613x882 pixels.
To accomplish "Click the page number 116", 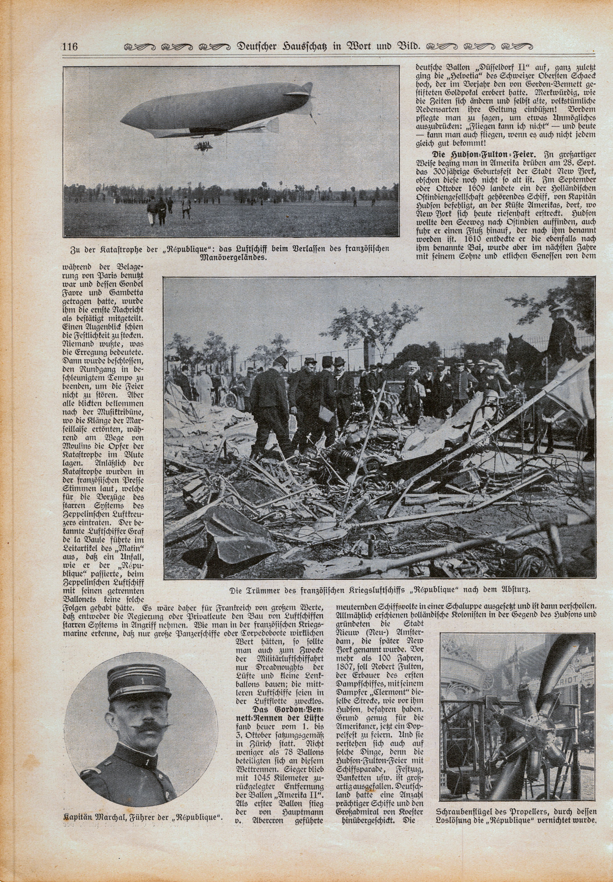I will (70, 47).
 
